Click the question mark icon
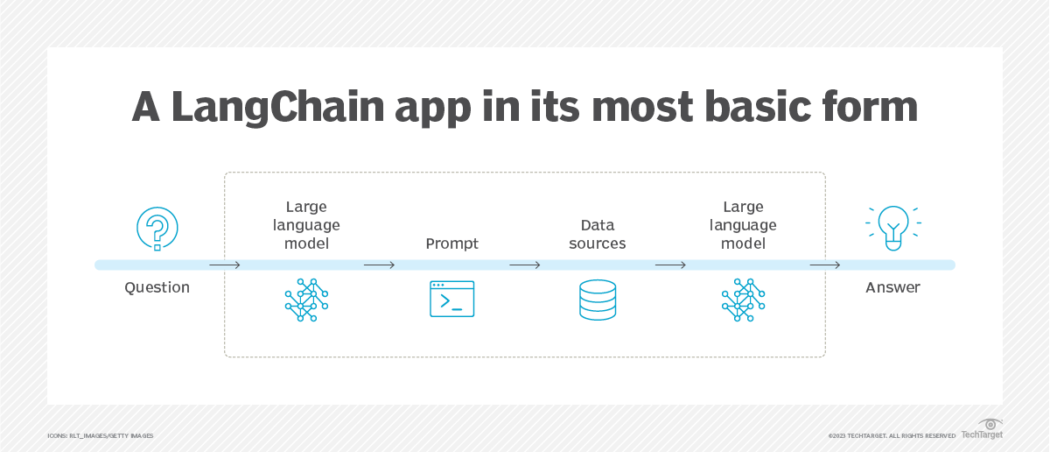157,229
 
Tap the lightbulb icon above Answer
892,227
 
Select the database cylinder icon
598,300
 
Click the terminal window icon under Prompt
451,299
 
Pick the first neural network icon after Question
306,300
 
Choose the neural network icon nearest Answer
744,300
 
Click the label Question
157,287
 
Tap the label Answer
892,287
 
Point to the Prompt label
451,244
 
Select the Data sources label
598,235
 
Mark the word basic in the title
742,107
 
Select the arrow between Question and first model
225,265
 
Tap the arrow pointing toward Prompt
379,265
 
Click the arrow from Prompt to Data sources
525,265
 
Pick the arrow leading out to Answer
824,265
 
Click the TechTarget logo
983,429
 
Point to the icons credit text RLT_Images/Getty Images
100,435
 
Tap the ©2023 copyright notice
892,435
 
